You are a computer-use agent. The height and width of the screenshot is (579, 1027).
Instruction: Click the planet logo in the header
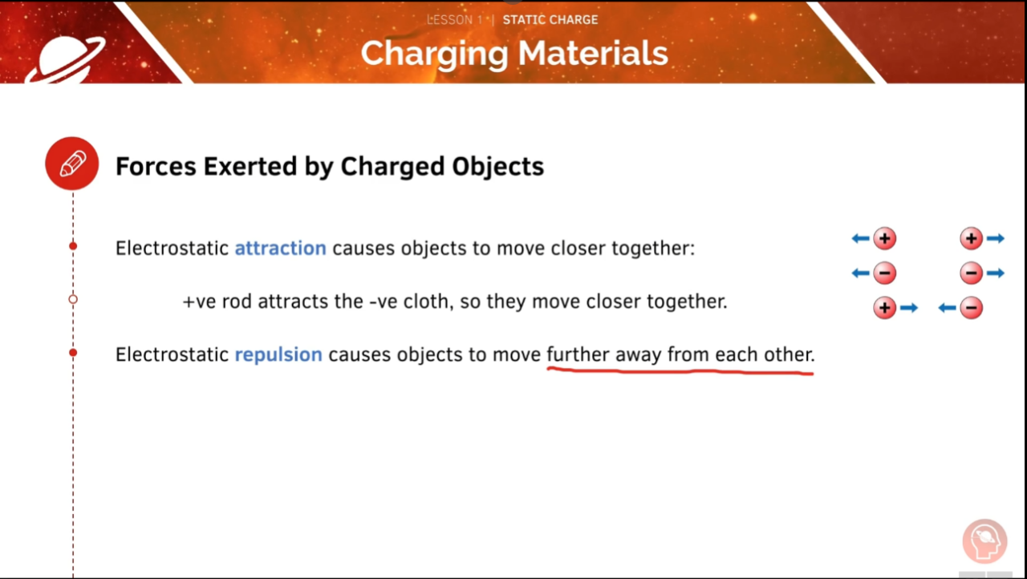[x=64, y=59]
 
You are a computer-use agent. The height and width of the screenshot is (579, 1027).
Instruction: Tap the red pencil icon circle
[x=72, y=164]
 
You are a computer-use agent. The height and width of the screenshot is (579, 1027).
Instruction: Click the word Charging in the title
[x=434, y=54]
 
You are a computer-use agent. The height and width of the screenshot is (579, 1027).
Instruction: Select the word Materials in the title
[x=593, y=54]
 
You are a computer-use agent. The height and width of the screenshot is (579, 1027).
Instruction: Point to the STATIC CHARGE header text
[x=550, y=19]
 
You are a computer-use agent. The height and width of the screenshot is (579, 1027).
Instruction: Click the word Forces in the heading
[x=156, y=166]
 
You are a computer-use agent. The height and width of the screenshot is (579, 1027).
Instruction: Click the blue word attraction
[x=280, y=248]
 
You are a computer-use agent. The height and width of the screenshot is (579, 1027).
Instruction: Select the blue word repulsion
[x=278, y=354]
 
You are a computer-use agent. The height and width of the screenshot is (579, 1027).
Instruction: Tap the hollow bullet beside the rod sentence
[x=73, y=299]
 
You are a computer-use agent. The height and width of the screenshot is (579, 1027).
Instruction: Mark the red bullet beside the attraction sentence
[x=73, y=245]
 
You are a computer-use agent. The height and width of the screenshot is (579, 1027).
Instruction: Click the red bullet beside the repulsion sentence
[x=73, y=352]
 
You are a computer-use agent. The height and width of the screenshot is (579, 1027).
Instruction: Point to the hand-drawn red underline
[x=680, y=371]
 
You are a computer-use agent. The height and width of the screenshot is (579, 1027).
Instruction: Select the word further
[x=578, y=354]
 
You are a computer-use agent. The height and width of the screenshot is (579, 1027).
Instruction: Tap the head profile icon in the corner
[x=984, y=541]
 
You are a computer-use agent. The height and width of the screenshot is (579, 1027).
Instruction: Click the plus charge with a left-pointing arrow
[x=884, y=238]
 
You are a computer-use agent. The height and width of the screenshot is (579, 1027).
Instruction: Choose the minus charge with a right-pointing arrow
[x=971, y=273]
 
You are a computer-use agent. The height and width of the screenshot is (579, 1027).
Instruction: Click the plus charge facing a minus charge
[x=884, y=308]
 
